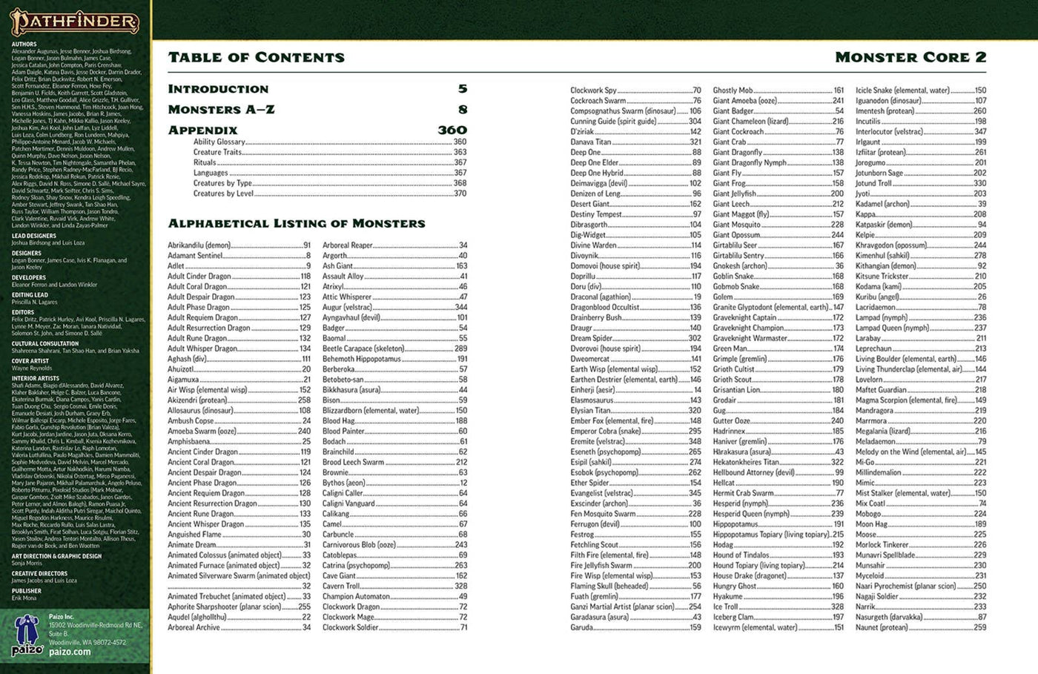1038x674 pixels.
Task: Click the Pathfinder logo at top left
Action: tap(74, 22)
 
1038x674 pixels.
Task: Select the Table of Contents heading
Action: tap(256, 58)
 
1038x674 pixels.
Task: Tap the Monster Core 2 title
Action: tap(910, 58)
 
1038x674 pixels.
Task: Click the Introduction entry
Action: tap(218, 89)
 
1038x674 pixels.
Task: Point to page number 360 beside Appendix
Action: tap(452, 130)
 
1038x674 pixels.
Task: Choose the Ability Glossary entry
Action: tap(219, 142)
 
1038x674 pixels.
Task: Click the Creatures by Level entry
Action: tap(223, 194)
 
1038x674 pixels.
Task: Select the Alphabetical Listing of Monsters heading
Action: tap(297, 223)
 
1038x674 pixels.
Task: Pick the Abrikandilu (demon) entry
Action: tap(199, 245)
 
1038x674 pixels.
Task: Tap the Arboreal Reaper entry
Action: tap(348, 245)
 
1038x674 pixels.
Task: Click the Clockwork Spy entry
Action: tap(593, 90)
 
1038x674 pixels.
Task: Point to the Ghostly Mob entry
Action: tap(733, 90)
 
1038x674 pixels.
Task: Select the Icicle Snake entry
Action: tap(902, 90)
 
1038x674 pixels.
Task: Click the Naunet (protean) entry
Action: tap(882, 627)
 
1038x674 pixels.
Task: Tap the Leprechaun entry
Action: tap(874, 348)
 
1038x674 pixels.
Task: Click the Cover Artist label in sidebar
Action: tap(30, 361)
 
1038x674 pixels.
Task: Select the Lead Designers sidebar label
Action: tap(34, 236)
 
